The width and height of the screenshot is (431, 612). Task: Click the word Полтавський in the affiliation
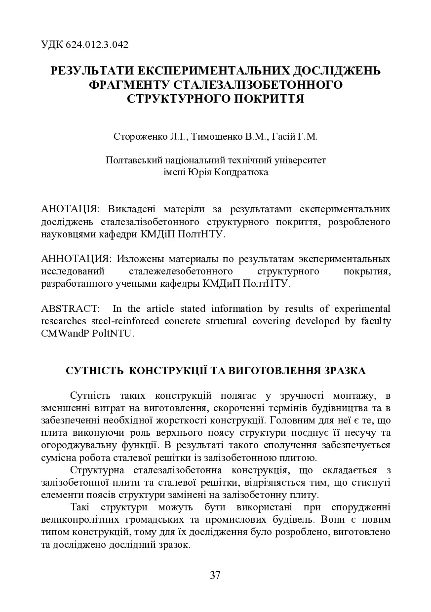point(129,160)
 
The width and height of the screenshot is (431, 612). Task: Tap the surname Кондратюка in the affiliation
point(243,172)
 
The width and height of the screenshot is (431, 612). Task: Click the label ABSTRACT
point(70,309)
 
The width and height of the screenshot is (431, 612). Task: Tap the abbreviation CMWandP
point(64,333)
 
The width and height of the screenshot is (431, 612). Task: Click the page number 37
point(215,574)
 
